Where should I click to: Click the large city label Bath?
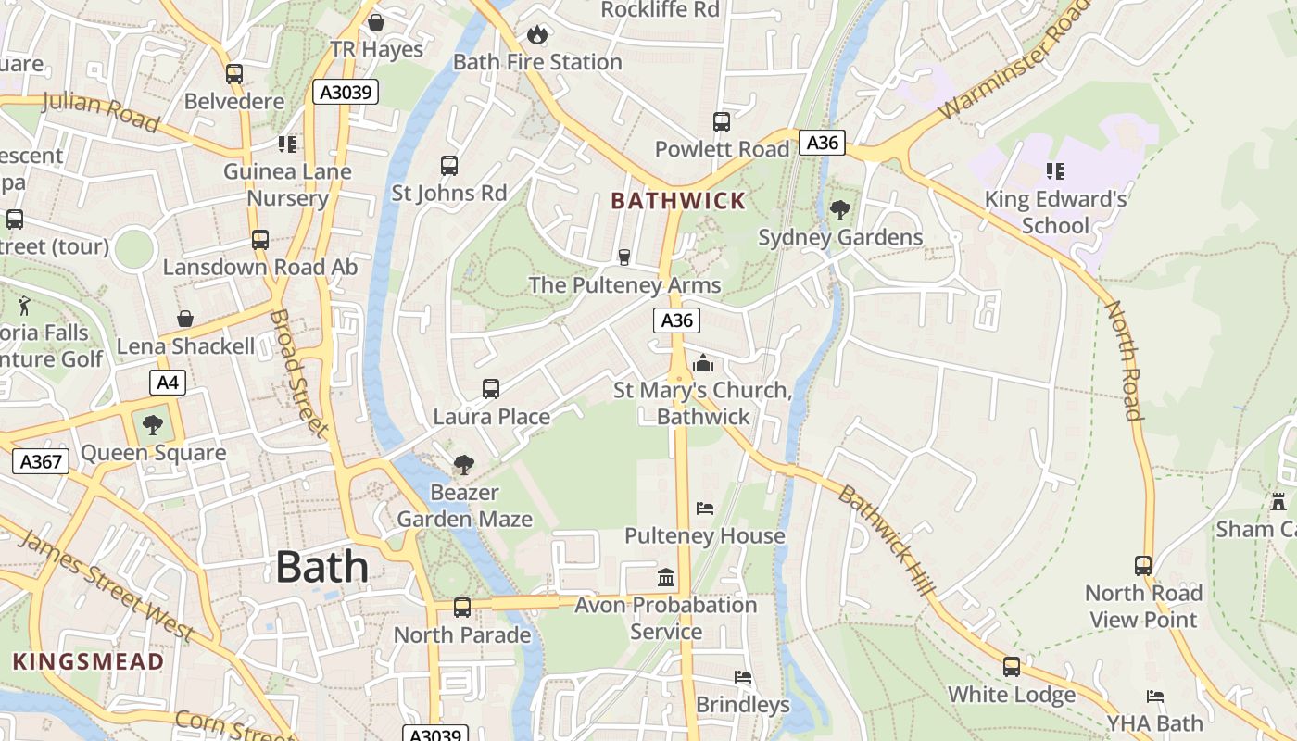click(321, 567)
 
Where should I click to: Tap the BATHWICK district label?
click(678, 201)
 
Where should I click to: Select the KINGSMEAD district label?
click(89, 661)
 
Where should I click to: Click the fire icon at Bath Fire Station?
click(536, 35)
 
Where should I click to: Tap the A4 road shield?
click(168, 383)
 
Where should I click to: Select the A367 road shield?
click(41, 461)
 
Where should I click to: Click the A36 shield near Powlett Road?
click(822, 143)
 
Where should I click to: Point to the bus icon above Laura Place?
click(491, 389)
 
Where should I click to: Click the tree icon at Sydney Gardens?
click(840, 210)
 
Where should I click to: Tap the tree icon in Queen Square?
click(153, 426)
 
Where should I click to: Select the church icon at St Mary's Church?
click(703, 363)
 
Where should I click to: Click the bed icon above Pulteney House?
click(705, 509)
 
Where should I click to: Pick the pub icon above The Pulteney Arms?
click(624, 257)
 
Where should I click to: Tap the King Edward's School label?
click(1055, 212)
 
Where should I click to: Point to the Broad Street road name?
click(298, 373)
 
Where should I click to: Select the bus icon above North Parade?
click(461, 608)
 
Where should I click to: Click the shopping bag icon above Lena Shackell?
click(185, 319)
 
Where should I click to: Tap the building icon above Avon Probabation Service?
click(665, 578)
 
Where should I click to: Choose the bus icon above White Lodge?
click(1012, 667)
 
